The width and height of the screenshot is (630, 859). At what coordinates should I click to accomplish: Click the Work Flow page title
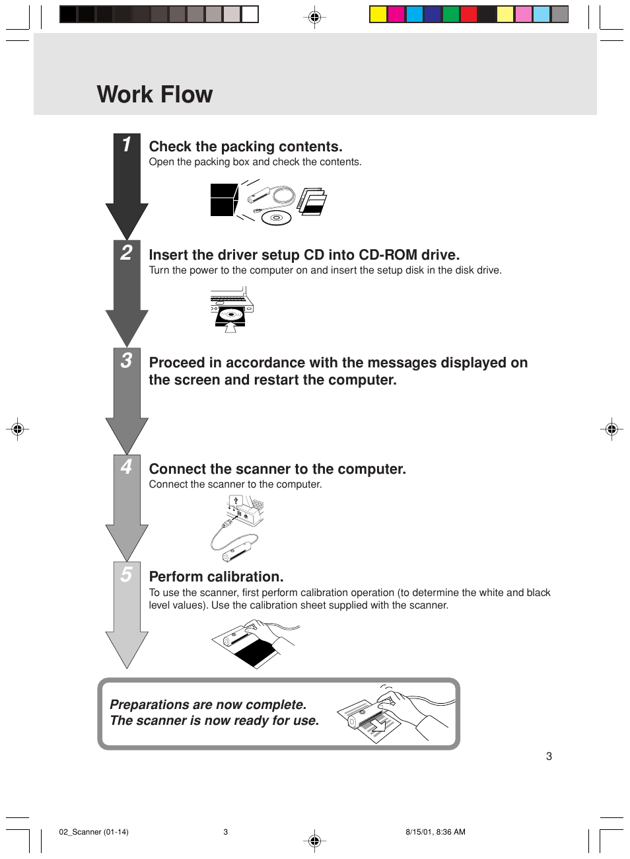155,94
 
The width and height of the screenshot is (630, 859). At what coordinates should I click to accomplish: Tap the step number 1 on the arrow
126,145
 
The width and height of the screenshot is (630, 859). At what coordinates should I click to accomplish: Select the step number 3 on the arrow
126,361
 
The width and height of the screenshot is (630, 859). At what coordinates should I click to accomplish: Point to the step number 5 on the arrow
126,574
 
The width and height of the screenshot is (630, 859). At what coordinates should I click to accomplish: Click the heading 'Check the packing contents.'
246,147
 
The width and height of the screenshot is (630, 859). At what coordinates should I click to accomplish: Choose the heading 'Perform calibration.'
216,576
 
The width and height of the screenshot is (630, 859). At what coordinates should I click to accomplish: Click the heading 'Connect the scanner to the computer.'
277,468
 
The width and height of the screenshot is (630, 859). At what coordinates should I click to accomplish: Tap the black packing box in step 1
224,200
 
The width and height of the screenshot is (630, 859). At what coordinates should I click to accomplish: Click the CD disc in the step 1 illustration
276,218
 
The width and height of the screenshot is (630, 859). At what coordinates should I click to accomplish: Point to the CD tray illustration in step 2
230,316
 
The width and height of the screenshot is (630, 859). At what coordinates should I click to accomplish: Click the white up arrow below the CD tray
230,327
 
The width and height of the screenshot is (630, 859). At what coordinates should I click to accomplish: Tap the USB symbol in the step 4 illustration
236,500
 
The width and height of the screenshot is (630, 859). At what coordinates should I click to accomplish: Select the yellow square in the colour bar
378,14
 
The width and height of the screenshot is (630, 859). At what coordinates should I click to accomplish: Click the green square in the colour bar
451,14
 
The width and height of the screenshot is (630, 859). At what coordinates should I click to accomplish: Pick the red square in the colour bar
469,14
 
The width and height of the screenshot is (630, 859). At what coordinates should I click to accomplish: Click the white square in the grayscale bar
250,14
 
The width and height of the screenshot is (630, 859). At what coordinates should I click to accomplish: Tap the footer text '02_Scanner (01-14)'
94,832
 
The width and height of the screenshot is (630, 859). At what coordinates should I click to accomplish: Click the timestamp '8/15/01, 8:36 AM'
435,832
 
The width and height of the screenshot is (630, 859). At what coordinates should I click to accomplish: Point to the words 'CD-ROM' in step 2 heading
388,254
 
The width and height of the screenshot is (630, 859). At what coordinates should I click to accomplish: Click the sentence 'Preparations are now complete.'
208,704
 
